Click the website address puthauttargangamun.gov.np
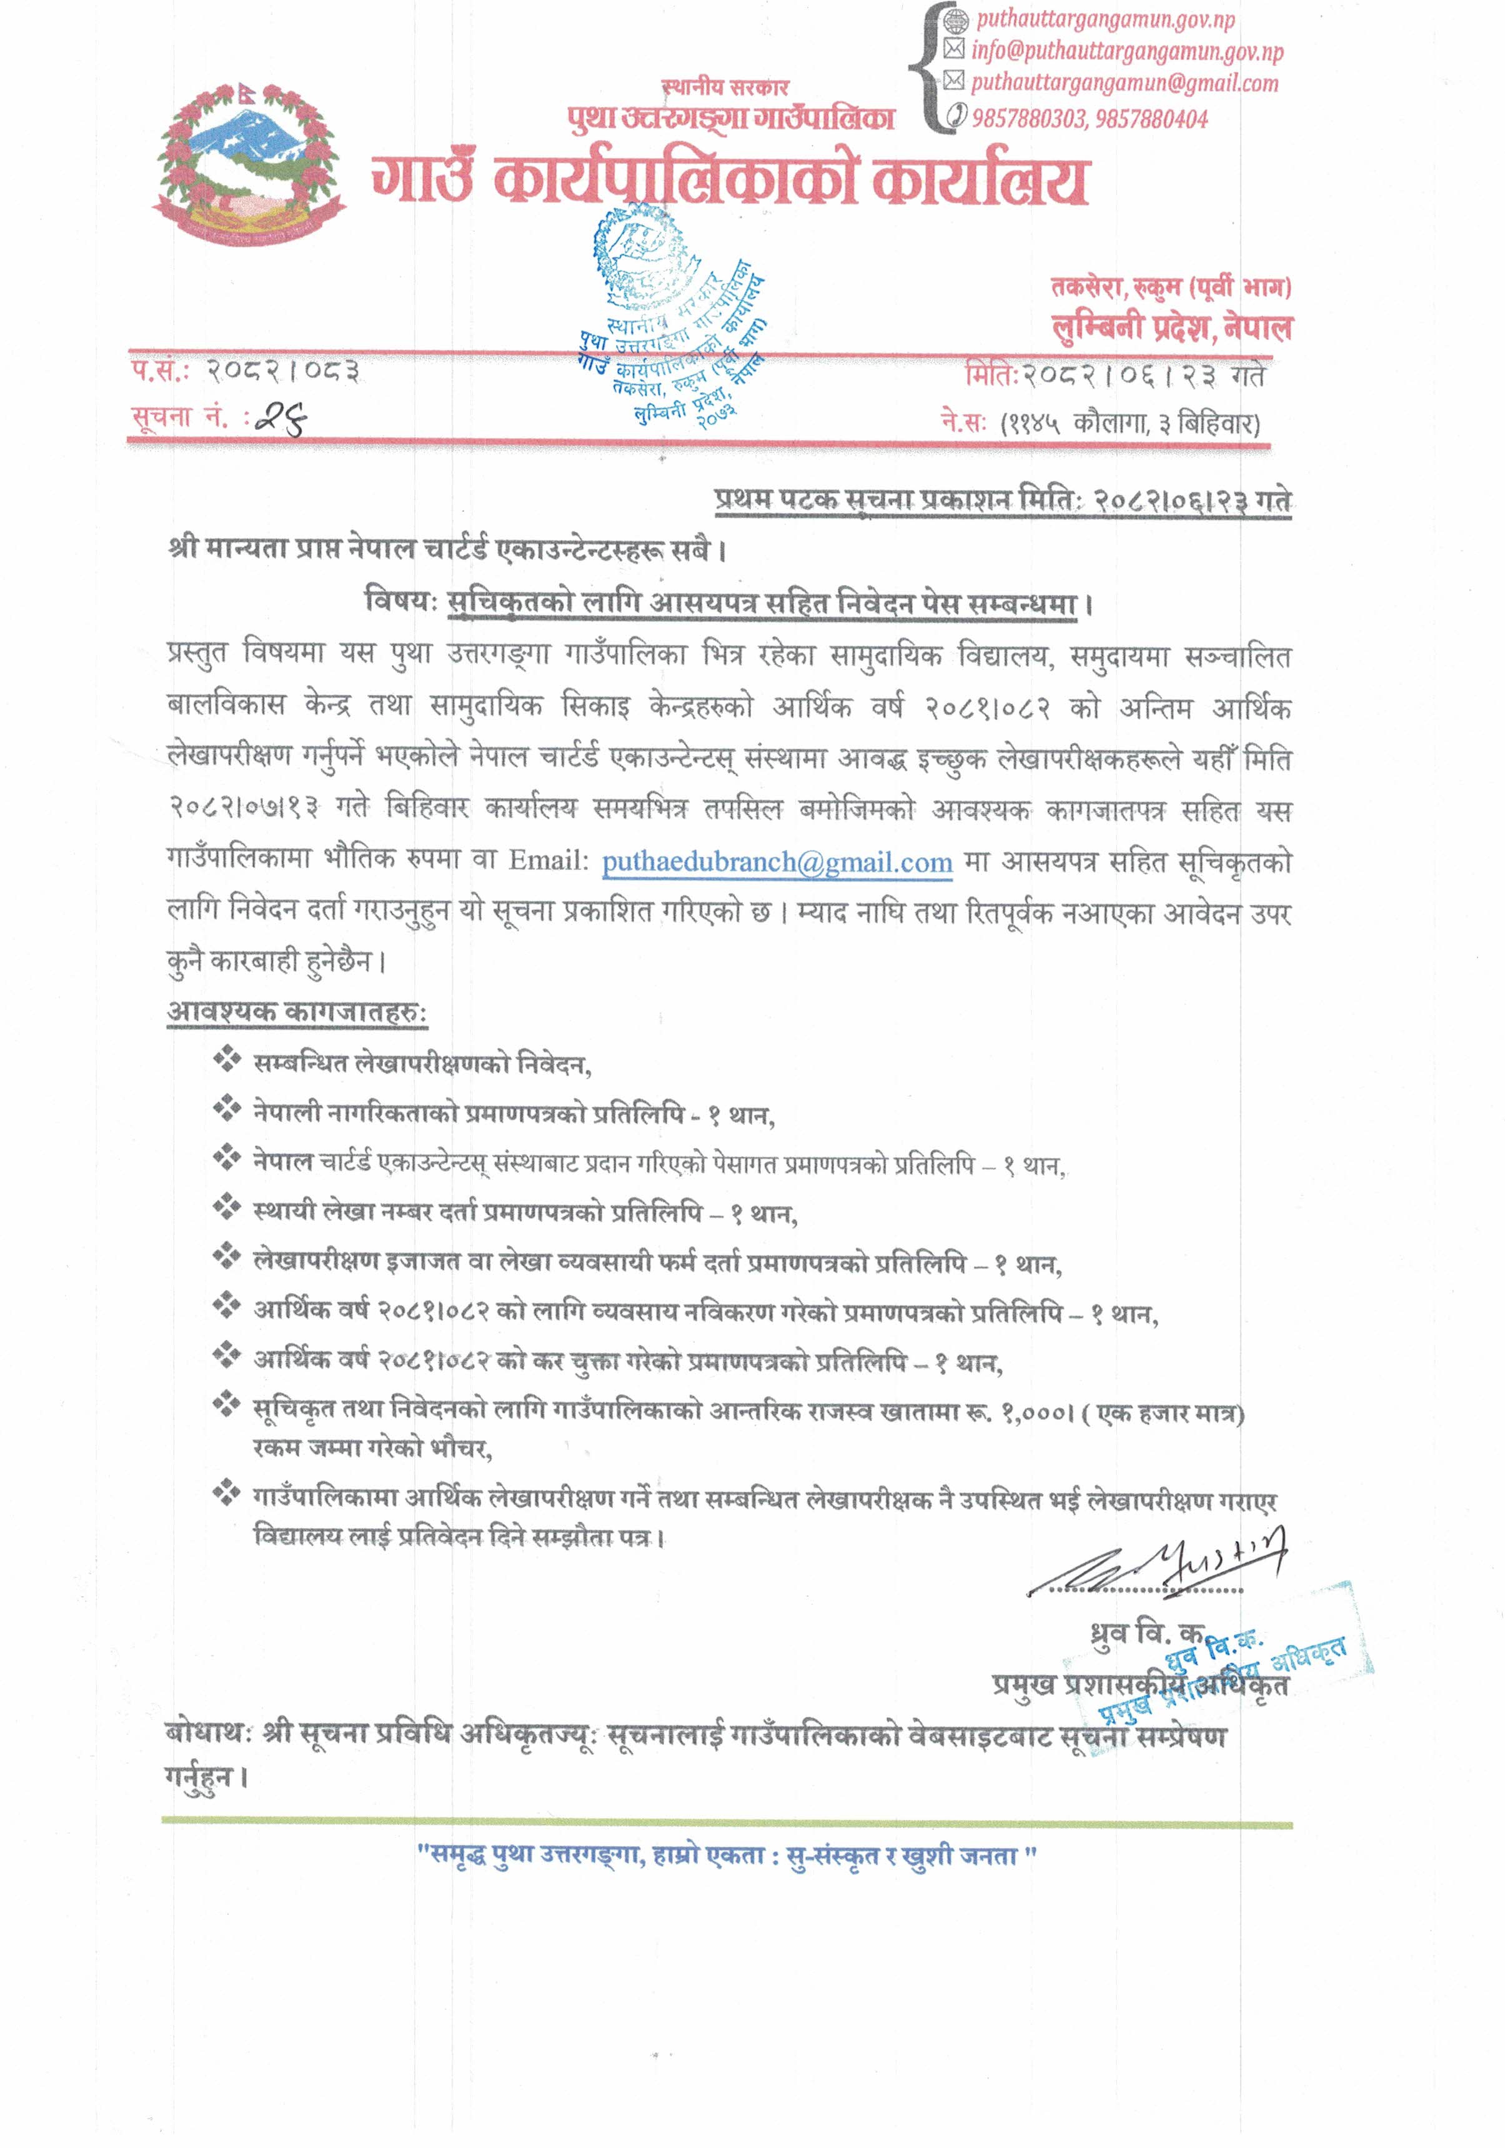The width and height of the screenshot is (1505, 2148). [x=1105, y=19]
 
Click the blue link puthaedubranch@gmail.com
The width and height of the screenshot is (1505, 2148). [x=777, y=862]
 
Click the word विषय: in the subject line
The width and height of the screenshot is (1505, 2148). [x=400, y=602]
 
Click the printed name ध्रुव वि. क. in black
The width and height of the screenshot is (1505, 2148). [x=1147, y=1634]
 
